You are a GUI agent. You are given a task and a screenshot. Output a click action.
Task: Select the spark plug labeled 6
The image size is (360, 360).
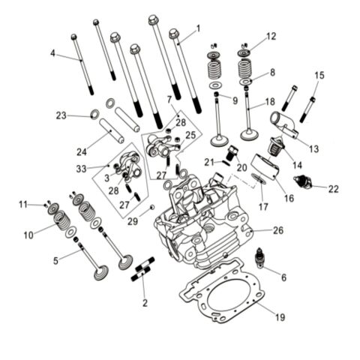coord(262,258)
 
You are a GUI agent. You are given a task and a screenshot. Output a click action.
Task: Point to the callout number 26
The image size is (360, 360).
coord(277,230)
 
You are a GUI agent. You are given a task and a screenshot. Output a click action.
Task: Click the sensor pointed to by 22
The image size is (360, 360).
coord(303,181)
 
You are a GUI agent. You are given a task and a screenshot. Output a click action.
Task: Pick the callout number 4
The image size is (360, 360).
coord(52,52)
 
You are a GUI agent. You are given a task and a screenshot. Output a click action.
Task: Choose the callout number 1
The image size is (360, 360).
coord(198,28)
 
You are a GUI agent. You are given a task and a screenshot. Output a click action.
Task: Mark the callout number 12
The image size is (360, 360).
coord(271,36)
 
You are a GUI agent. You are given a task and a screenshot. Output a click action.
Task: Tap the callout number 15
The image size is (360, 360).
coord(319,75)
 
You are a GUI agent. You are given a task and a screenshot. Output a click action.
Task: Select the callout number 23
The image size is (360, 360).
coord(61,115)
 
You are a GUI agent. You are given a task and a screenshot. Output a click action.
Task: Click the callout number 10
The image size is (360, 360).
coord(28,235)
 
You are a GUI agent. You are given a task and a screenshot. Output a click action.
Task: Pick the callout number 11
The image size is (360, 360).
coord(23,204)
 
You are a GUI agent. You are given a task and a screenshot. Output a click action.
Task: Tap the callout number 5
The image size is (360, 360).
coord(55,260)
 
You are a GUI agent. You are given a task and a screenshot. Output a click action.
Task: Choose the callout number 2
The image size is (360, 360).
coord(145,303)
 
